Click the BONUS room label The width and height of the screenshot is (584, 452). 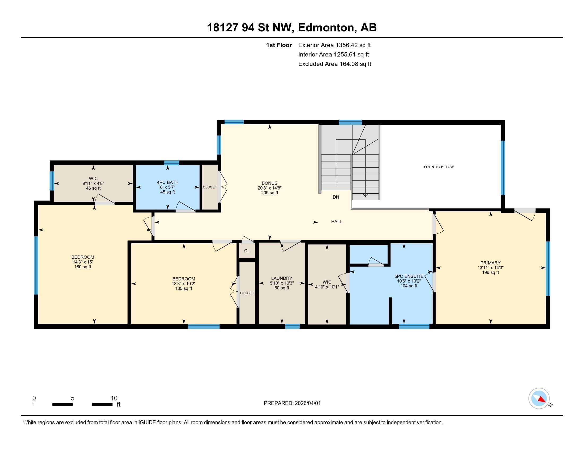coord(269,183)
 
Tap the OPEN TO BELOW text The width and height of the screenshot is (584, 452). coord(439,167)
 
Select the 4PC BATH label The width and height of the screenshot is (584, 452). coord(168,182)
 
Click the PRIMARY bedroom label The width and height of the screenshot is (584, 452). coord(490,263)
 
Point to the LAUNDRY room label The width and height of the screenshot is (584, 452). coord(281,278)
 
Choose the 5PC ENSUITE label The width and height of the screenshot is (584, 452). coord(409,276)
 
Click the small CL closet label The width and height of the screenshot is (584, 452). coord(247,251)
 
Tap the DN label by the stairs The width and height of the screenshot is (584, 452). coord(336,197)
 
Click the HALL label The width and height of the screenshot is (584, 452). coord(336,221)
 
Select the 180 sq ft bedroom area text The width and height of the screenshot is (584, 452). coord(83,267)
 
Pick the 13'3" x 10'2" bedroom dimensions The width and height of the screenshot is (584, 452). coord(183,284)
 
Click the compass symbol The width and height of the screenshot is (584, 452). coord(539,399)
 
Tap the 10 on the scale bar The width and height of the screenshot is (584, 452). coord(114,398)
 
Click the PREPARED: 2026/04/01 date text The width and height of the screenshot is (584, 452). coord(292,403)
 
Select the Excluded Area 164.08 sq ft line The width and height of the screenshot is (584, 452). coord(334,64)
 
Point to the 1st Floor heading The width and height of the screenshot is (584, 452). coord(279,45)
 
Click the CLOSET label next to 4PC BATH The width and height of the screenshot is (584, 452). coord(210,187)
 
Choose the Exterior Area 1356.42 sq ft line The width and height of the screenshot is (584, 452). coord(334,45)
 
